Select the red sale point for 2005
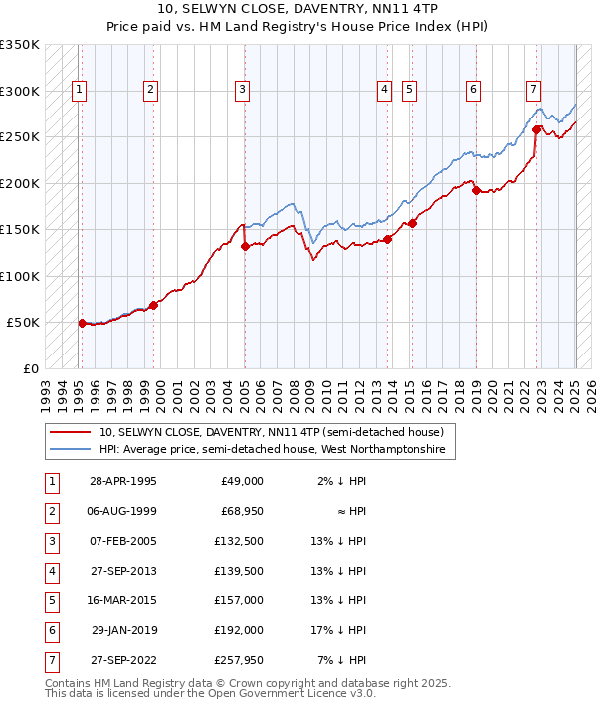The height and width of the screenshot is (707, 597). click(244, 246)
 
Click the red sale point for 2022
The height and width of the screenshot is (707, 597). click(536, 129)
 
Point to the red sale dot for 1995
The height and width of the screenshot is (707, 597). click(82, 323)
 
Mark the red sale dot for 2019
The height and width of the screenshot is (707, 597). click(476, 190)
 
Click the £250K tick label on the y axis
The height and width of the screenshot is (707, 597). click(20, 137)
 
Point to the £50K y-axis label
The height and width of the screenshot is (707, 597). click(24, 323)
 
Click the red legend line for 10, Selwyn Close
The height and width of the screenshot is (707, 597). click(70, 432)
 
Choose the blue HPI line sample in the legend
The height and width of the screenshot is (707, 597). click(70, 450)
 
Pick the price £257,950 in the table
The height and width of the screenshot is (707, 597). click(235, 660)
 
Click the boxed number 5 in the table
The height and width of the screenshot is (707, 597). click(51, 600)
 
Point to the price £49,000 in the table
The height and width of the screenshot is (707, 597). click(240, 481)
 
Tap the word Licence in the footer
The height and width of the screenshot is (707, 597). click(303, 694)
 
